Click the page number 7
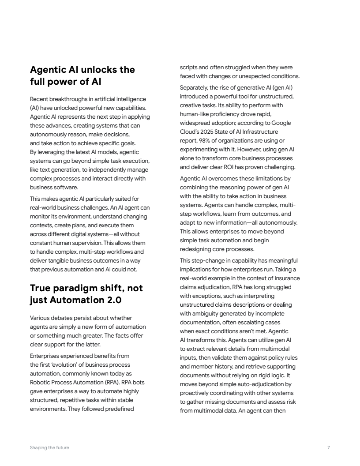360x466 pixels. (x=329, y=447)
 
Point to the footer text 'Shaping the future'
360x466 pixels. (x=49, y=447)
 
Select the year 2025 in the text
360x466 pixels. (x=209, y=132)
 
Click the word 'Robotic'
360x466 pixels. (x=40, y=383)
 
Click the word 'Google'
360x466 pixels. (x=281, y=123)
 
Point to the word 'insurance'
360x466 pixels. (x=286, y=278)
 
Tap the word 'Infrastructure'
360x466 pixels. (x=259, y=132)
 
